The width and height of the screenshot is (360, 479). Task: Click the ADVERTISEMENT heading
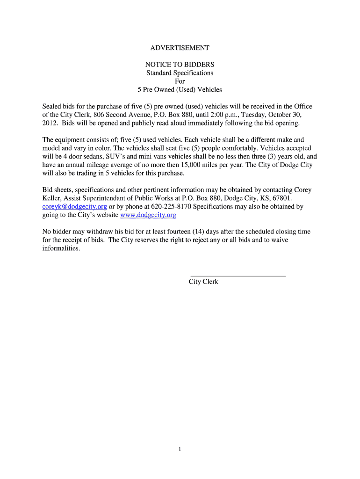click(180, 48)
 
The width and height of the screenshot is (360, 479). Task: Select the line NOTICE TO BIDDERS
click(180, 64)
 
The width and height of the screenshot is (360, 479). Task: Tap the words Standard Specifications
click(180, 73)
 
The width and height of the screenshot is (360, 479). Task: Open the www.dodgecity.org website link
click(148, 215)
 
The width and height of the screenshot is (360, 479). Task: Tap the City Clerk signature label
click(203, 282)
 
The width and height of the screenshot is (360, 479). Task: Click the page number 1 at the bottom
click(180, 449)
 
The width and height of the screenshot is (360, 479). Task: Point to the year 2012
click(50, 123)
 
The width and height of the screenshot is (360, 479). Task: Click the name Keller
click(52, 198)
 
